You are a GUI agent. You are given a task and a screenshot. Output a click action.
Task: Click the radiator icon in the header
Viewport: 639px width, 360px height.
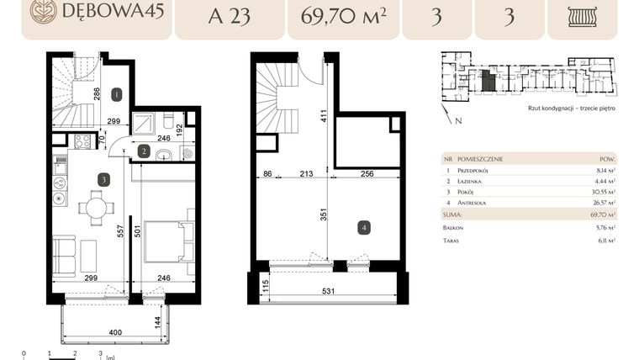581,16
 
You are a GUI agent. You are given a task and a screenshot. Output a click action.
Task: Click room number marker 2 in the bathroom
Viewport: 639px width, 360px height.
144,151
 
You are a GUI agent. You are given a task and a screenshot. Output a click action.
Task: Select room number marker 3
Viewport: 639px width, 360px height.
103,178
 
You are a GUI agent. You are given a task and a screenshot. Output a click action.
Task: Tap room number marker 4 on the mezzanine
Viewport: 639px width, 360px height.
363,227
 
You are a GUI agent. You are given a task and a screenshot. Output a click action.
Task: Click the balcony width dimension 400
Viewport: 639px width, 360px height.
115,333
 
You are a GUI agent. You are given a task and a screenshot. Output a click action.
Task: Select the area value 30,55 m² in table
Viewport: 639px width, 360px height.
605,191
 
